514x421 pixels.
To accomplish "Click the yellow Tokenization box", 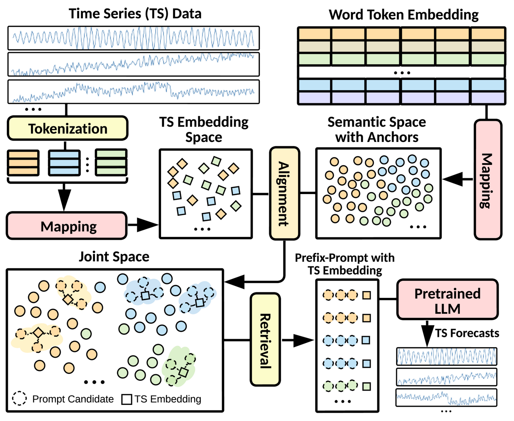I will click(x=67, y=128).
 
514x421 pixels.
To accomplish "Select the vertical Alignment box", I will click(x=284, y=193).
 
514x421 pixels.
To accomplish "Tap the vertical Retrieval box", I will click(x=265, y=339).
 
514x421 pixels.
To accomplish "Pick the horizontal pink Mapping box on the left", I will click(x=67, y=226).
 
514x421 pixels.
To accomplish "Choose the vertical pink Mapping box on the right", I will click(x=488, y=179).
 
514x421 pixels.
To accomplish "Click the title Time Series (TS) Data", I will click(x=135, y=14).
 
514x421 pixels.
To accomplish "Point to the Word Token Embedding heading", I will click(x=403, y=15).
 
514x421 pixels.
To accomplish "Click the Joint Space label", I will click(x=114, y=257).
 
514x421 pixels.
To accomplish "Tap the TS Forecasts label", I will click(x=467, y=333).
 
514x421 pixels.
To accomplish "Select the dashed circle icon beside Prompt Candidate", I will click(x=20, y=398).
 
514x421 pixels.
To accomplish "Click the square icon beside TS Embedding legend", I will click(x=127, y=399).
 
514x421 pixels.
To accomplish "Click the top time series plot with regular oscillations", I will click(x=133, y=38).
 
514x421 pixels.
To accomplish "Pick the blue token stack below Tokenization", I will click(x=64, y=163).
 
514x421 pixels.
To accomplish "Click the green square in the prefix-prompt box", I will click(x=367, y=386).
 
